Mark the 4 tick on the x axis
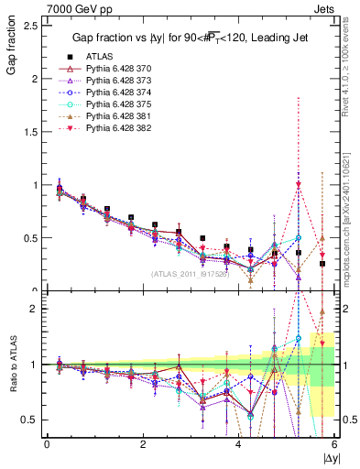coord(238,444)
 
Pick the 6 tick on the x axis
coord(334,444)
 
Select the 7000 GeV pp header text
coord(38,7)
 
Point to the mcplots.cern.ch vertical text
coord(352,229)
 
